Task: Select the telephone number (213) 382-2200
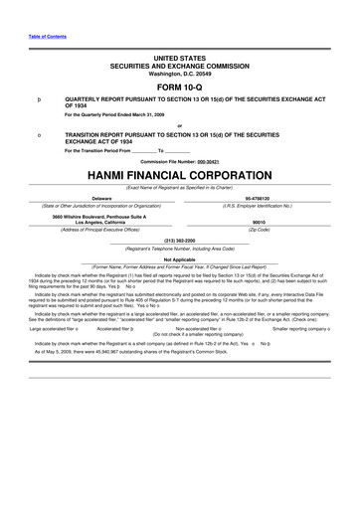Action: pyautogui.click(x=179, y=240)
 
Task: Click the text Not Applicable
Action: pyautogui.click(x=179, y=258)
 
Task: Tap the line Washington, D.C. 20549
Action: pyautogui.click(x=179, y=73)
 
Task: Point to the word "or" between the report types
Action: pyautogui.click(x=179, y=125)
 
